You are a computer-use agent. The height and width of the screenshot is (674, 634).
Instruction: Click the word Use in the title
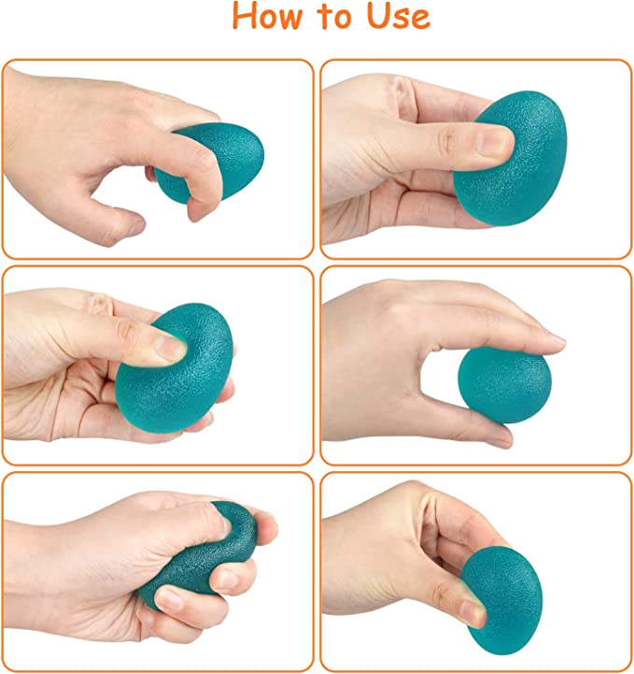tap(398, 16)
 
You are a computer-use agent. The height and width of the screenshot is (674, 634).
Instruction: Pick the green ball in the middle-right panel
tap(504, 385)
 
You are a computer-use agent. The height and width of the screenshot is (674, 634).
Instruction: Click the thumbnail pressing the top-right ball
tap(494, 142)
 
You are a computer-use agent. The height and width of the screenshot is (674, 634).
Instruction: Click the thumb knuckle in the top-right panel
tap(446, 138)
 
